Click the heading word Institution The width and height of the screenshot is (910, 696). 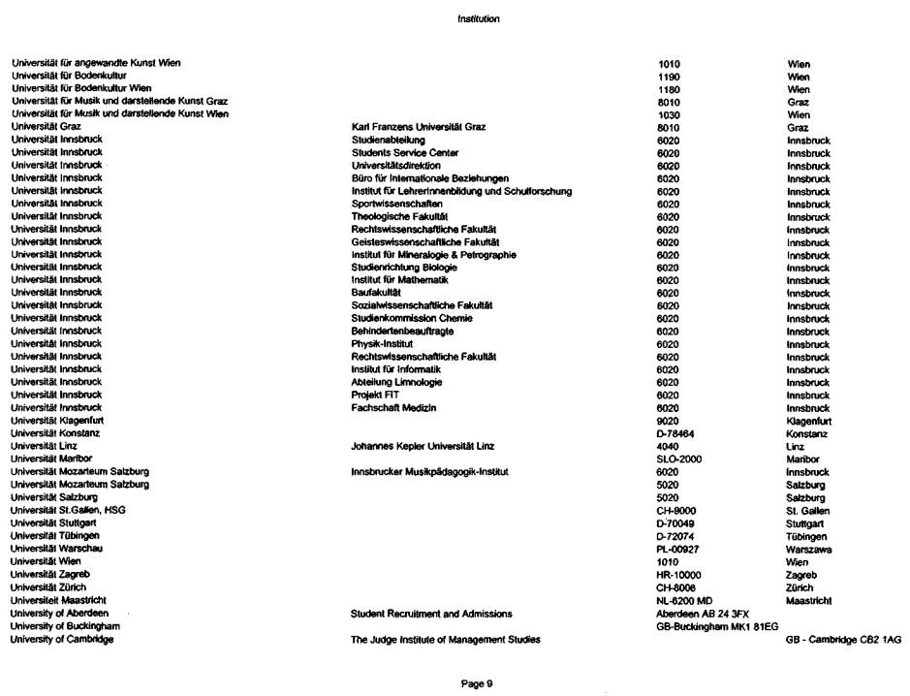(479, 18)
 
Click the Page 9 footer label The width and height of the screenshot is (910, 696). (478, 683)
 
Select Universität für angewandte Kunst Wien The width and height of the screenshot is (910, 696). (96, 63)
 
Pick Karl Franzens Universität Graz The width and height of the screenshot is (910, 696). (418, 127)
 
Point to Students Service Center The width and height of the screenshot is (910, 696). (405, 153)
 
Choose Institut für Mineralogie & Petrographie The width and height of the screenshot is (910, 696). (433, 255)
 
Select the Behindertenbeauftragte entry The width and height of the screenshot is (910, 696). (402, 332)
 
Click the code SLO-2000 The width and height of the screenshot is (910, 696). (678, 459)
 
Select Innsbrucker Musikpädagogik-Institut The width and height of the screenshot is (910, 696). (429, 472)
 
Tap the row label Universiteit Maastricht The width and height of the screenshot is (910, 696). (57, 600)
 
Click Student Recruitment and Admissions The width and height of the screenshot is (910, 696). (431, 614)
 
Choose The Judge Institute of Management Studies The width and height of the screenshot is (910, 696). (446, 639)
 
